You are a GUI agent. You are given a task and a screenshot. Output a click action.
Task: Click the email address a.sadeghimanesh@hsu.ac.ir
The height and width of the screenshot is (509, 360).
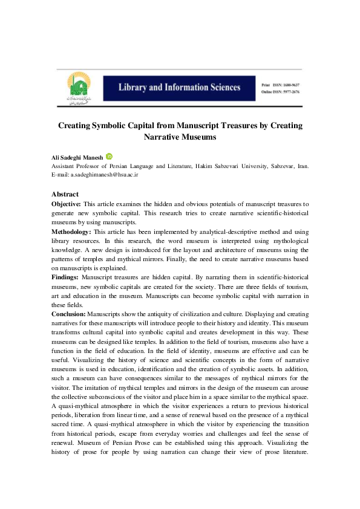coord(105,173)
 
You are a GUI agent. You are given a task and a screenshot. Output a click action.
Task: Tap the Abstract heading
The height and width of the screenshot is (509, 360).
coord(65,194)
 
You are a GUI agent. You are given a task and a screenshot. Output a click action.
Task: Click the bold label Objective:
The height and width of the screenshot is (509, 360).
coord(66,205)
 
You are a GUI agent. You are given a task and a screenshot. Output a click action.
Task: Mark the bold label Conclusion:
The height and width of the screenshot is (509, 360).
coord(68,314)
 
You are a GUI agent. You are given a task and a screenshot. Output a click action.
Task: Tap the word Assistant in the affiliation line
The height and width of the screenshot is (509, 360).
coord(65,165)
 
